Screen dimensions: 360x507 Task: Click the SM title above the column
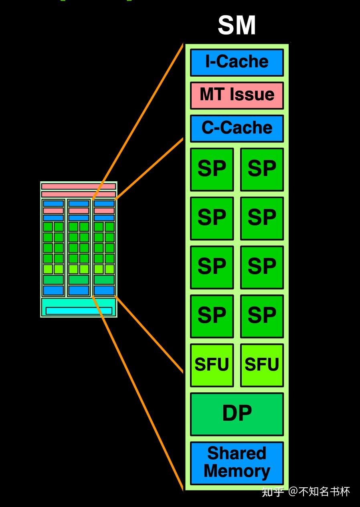tap(237, 25)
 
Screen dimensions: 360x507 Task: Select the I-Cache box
tap(237, 62)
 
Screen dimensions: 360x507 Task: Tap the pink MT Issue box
tap(237, 95)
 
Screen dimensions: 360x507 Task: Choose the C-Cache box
tap(237, 129)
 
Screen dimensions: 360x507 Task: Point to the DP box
tap(237, 414)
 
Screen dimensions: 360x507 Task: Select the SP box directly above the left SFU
tap(212, 316)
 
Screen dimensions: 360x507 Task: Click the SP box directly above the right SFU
tap(262, 316)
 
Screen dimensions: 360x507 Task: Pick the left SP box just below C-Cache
tap(212, 170)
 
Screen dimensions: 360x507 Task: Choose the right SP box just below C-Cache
tap(262, 170)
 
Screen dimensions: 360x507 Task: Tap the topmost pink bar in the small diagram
tap(79, 187)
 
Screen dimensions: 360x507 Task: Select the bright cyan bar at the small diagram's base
tap(79, 311)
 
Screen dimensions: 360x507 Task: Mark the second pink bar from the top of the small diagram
tap(79, 194)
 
